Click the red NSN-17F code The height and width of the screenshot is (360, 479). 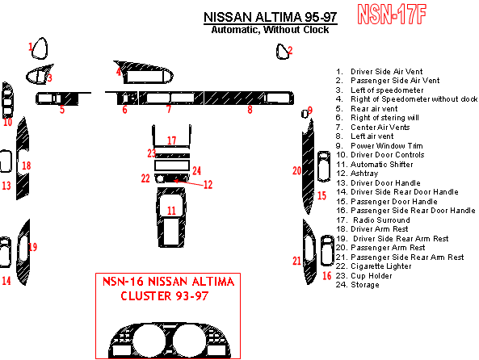392,14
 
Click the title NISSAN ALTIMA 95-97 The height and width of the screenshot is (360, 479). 271,17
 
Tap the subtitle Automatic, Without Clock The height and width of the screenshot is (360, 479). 270,30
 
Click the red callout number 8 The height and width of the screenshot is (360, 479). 250,110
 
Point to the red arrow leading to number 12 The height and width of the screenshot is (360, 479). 188,183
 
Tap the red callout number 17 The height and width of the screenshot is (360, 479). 172,140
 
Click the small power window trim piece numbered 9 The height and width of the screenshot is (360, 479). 305,114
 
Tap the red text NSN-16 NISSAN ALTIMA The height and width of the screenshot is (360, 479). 168,282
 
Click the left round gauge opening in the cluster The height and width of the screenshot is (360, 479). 149,341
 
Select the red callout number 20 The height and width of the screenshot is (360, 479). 297,170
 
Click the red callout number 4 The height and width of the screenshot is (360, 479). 119,72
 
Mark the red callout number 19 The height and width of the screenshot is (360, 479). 32,247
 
